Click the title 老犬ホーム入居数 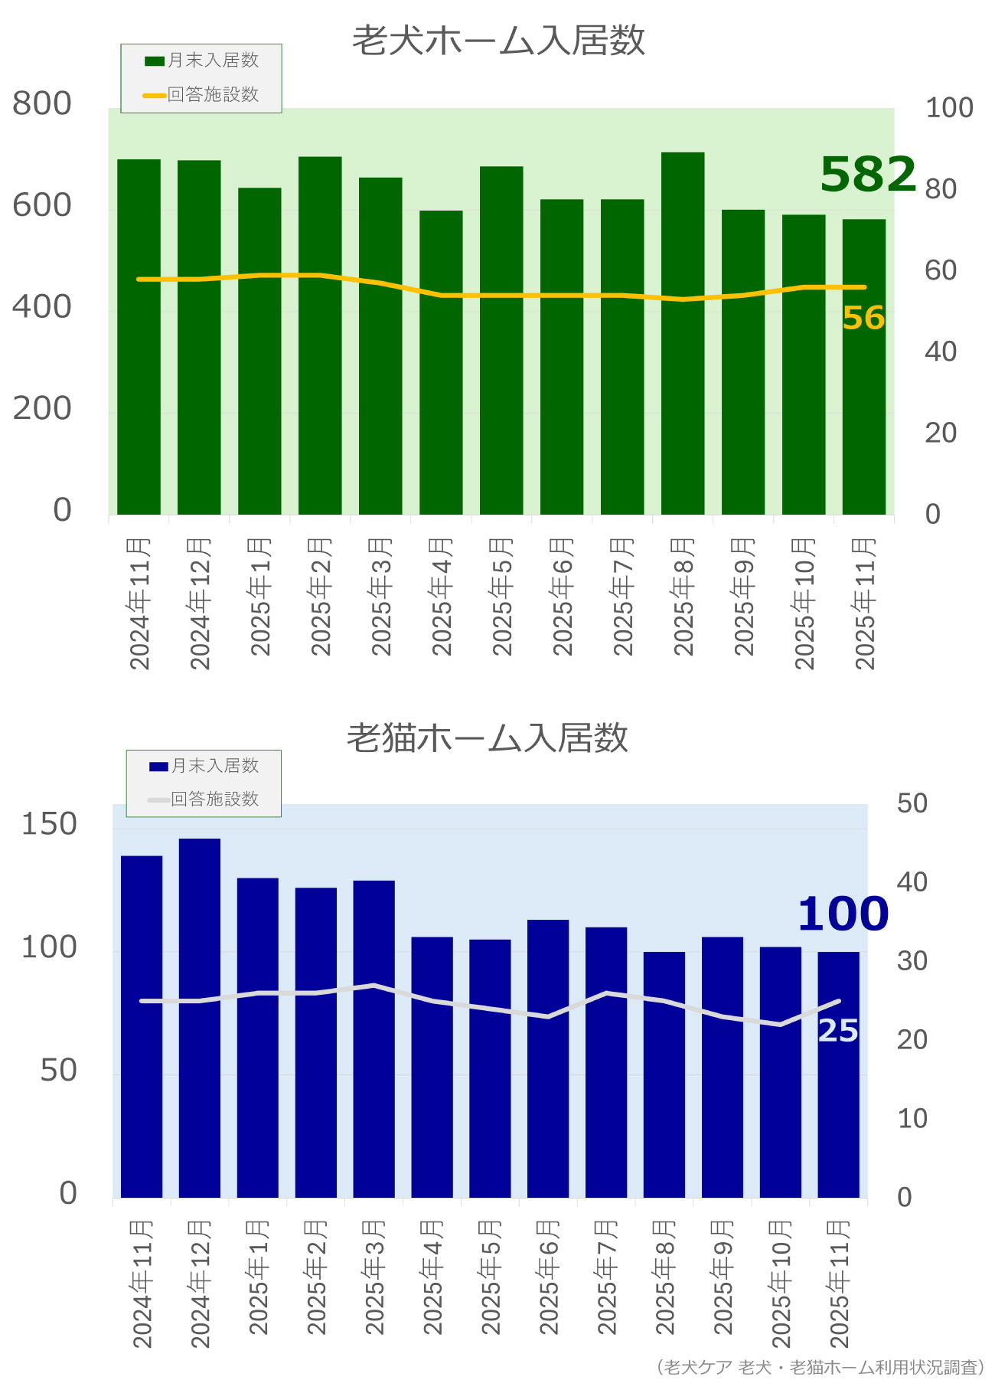click(498, 41)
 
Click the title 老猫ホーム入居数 click(488, 738)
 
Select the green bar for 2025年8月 click(683, 333)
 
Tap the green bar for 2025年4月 click(441, 362)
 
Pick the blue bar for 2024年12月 click(200, 1018)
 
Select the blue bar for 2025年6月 click(548, 1058)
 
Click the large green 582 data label click(868, 174)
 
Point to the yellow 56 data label click(863, 318)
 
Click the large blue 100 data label click(843, 914)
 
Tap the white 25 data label click(838, 1031)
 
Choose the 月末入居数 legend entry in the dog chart click(203, 61)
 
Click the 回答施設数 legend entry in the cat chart click(204, 800)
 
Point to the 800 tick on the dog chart click(42, 103)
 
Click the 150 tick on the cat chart click(49, 824)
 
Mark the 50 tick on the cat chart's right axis click(912, 803)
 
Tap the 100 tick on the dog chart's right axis click(949, 108)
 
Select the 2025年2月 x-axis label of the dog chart click(321, 597)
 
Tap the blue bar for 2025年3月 click(374, 1038)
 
